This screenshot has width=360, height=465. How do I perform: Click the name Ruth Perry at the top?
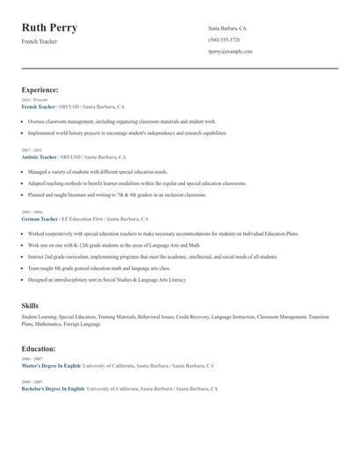point(49,27)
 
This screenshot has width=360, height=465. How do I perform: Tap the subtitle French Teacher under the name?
point(40,41)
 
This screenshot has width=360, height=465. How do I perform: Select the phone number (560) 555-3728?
point(224,39)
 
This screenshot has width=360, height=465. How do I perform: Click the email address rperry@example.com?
point(230,51)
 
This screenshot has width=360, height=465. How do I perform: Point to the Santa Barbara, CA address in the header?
point(227,28)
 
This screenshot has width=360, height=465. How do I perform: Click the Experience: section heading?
point(40,89)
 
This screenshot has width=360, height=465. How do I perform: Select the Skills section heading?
point(30,305)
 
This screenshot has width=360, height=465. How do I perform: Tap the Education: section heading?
point(39,348)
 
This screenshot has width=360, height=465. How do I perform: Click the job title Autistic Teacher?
point(39,157)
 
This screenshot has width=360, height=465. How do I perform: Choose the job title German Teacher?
point(40,218)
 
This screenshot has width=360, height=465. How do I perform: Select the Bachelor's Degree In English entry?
point(53,388)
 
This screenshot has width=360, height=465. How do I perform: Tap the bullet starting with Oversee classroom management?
point(121,121)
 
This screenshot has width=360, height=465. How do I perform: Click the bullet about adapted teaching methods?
point(136,183)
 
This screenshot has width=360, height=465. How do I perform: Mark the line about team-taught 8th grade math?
point(98,268)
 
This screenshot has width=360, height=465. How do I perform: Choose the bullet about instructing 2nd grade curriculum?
point(152,256)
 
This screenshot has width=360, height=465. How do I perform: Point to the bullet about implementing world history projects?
point(126,132)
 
